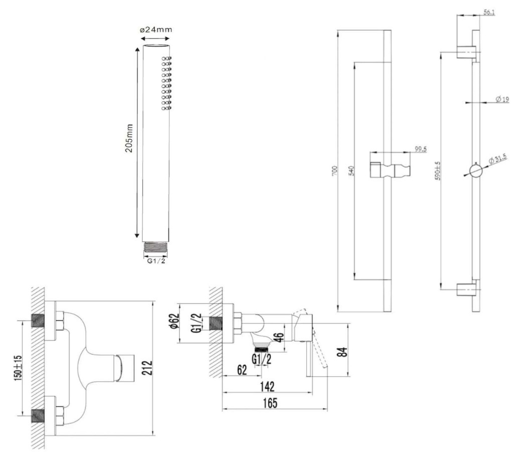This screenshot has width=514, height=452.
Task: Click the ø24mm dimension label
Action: tap(155, 30)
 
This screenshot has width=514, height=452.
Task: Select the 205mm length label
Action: tap(129, 138)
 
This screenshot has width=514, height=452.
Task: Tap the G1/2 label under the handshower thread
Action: tap(155, 260)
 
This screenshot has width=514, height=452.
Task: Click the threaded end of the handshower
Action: tap(155, 247)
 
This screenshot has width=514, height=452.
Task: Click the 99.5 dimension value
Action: tap(420, 149)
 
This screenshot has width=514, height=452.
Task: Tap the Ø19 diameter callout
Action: tap(501, 99)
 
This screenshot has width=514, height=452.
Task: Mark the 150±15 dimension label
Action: tap(18, 367)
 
